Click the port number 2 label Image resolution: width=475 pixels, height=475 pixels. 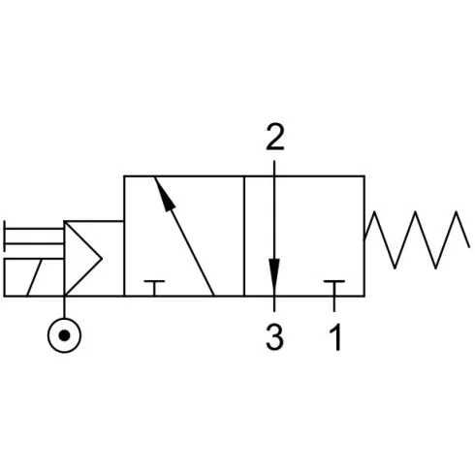click(x=275, y=138)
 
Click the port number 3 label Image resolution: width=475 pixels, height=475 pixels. click(x=274, y=337)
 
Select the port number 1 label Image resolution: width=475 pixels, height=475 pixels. click(x=335, y=337)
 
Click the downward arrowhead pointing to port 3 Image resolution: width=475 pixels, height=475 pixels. click(x=274, y=275)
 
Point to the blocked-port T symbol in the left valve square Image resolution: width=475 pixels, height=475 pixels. click(x=154, y=288)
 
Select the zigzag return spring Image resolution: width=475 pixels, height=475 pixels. click(x=417, y=239)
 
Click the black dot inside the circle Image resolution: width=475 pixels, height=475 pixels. click(x=64, y=335)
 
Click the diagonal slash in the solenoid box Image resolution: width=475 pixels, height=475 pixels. click(x=34, y=277)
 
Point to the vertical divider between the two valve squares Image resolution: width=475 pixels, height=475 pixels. click(x=244, y=236)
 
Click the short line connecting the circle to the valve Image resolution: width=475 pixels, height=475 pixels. click(x=64, y=307)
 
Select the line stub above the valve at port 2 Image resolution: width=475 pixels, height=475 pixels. click(x=274, y=169)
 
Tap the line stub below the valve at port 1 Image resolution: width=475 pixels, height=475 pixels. click(x=334, y=303)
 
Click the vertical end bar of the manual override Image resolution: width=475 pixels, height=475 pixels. click(x=4, y=237)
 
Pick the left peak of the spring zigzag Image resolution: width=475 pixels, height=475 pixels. click(x=374, y=212)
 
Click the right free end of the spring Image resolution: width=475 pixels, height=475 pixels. click(x=469, y=247)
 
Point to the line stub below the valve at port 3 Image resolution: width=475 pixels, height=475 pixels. click(x=274, y=303)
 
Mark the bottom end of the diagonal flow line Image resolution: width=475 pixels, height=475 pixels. click(x=214, y=296)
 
